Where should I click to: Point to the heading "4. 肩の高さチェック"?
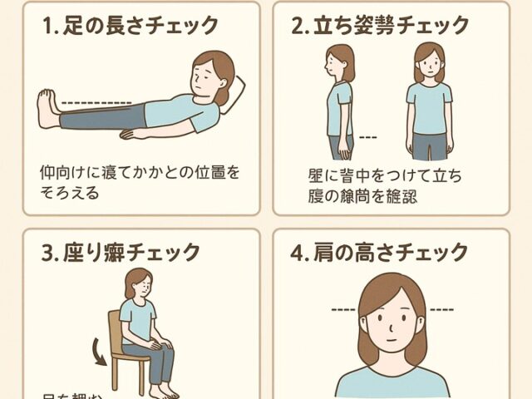pyautogui.click(x=392, y=250)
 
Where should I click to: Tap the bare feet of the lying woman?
pyautogui.click(x=48, y=109)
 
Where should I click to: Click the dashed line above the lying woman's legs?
pyautogui.click(x=96, y=103)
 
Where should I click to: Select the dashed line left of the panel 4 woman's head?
pyautogui.click(x=342, y=310)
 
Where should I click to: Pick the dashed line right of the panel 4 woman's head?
pyautogui.click(x=441, y=310)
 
